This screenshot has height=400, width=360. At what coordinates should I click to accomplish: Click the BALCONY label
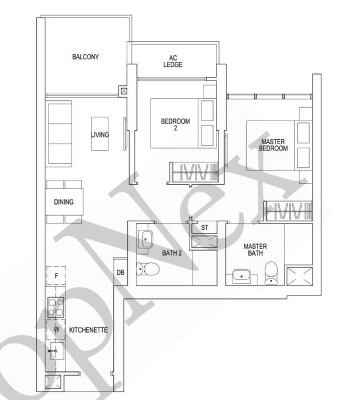[85, 57]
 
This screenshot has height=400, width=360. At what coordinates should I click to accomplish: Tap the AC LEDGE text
[173, 62]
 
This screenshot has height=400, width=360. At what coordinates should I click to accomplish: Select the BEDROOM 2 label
[175, 125]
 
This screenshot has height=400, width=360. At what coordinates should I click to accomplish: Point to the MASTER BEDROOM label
[273, 145]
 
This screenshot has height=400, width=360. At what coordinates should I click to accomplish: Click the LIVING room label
[100, 135]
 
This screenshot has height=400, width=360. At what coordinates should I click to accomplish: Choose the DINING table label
[64, 202]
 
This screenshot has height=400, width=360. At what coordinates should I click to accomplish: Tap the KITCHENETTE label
[88, 330]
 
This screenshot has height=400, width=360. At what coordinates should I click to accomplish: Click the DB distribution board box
[121, 272]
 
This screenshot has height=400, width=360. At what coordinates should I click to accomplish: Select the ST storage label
[205, 228]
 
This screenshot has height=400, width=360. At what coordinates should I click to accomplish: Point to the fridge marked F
[56, 275]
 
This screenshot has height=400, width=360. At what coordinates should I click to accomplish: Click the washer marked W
[56, 330]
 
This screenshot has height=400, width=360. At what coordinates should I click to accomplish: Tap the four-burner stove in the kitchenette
[56, 307]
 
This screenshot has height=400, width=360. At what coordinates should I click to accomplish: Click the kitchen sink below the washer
[57, 351]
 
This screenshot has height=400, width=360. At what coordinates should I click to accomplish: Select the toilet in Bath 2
[148, 269]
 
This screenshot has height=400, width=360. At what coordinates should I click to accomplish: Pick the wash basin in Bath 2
[146, 239]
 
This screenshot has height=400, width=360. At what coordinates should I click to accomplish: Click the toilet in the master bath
[271, 273]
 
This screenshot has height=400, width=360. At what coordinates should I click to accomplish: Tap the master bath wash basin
[241, 276]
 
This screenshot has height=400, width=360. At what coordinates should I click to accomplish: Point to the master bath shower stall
[300, 276]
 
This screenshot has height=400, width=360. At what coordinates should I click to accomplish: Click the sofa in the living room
[60, 134]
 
